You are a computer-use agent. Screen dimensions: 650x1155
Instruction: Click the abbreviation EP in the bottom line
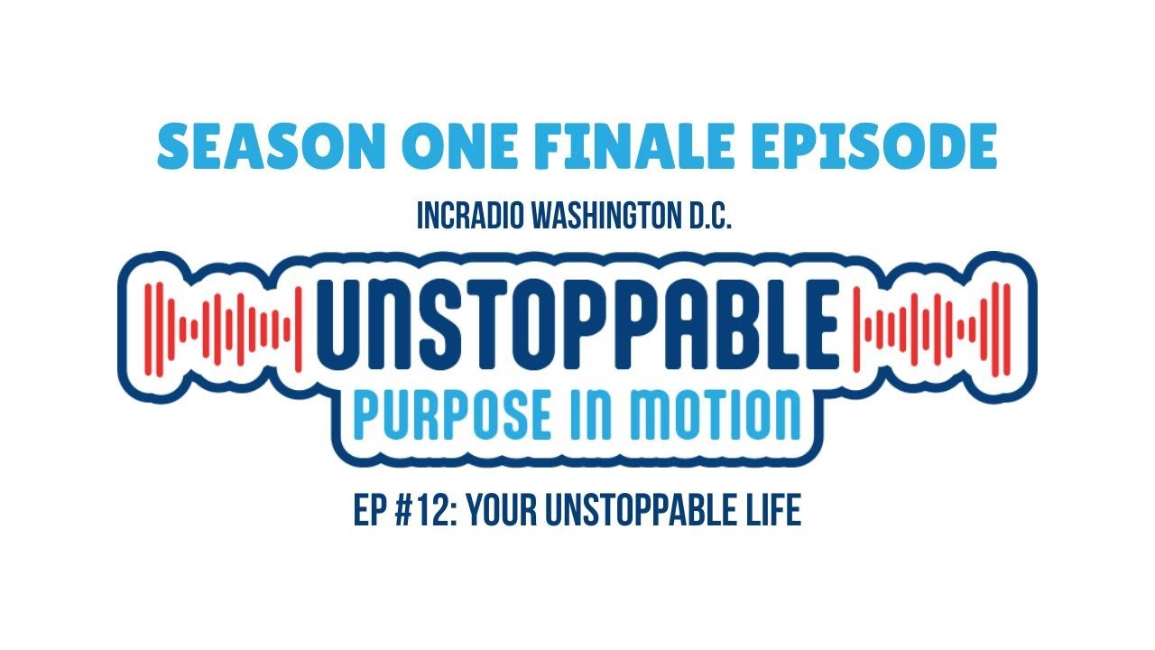[x=369, y=512]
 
